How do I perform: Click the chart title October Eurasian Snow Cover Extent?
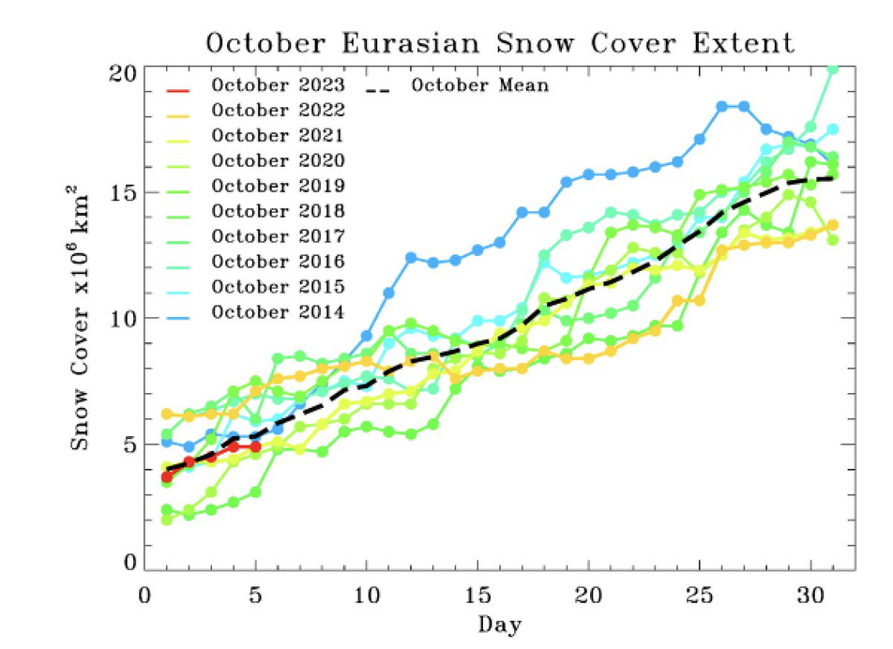click(500, 43)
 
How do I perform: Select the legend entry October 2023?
click(278, 85)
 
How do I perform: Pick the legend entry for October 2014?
click(278, 311)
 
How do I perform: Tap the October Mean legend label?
click(480, 85)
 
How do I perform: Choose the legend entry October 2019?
click(278, 185)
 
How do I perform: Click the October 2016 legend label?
click(278, 261)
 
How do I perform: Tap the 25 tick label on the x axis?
click(699, 597)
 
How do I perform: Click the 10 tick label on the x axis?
click(366, 597)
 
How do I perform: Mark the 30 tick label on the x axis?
click(810, 597)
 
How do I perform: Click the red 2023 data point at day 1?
click(167, 476)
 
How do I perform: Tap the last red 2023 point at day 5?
click(255, 447)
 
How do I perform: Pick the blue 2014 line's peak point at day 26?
click(722, 107)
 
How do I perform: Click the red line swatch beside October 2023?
click(177, 90)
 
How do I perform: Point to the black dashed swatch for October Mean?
click(378, 90)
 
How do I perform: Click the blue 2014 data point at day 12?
click(411, 257)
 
